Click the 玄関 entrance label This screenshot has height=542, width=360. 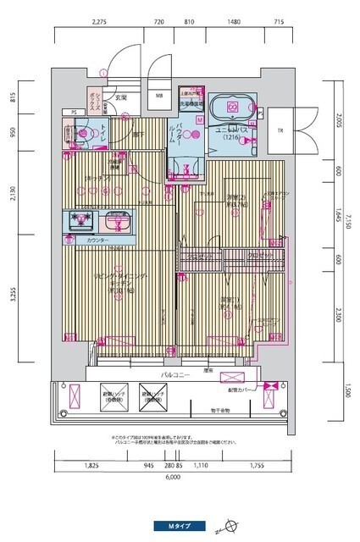tap(122, 98)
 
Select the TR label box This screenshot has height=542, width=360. tap(280, 130)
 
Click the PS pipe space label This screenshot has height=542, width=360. tap(74, 112)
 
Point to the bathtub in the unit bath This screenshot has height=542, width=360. tap(230, 108)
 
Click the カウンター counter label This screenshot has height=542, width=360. tap(97, 241)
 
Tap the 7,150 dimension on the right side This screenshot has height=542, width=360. tap(348, 223)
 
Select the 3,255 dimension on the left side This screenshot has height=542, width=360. tap(14, 295)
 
